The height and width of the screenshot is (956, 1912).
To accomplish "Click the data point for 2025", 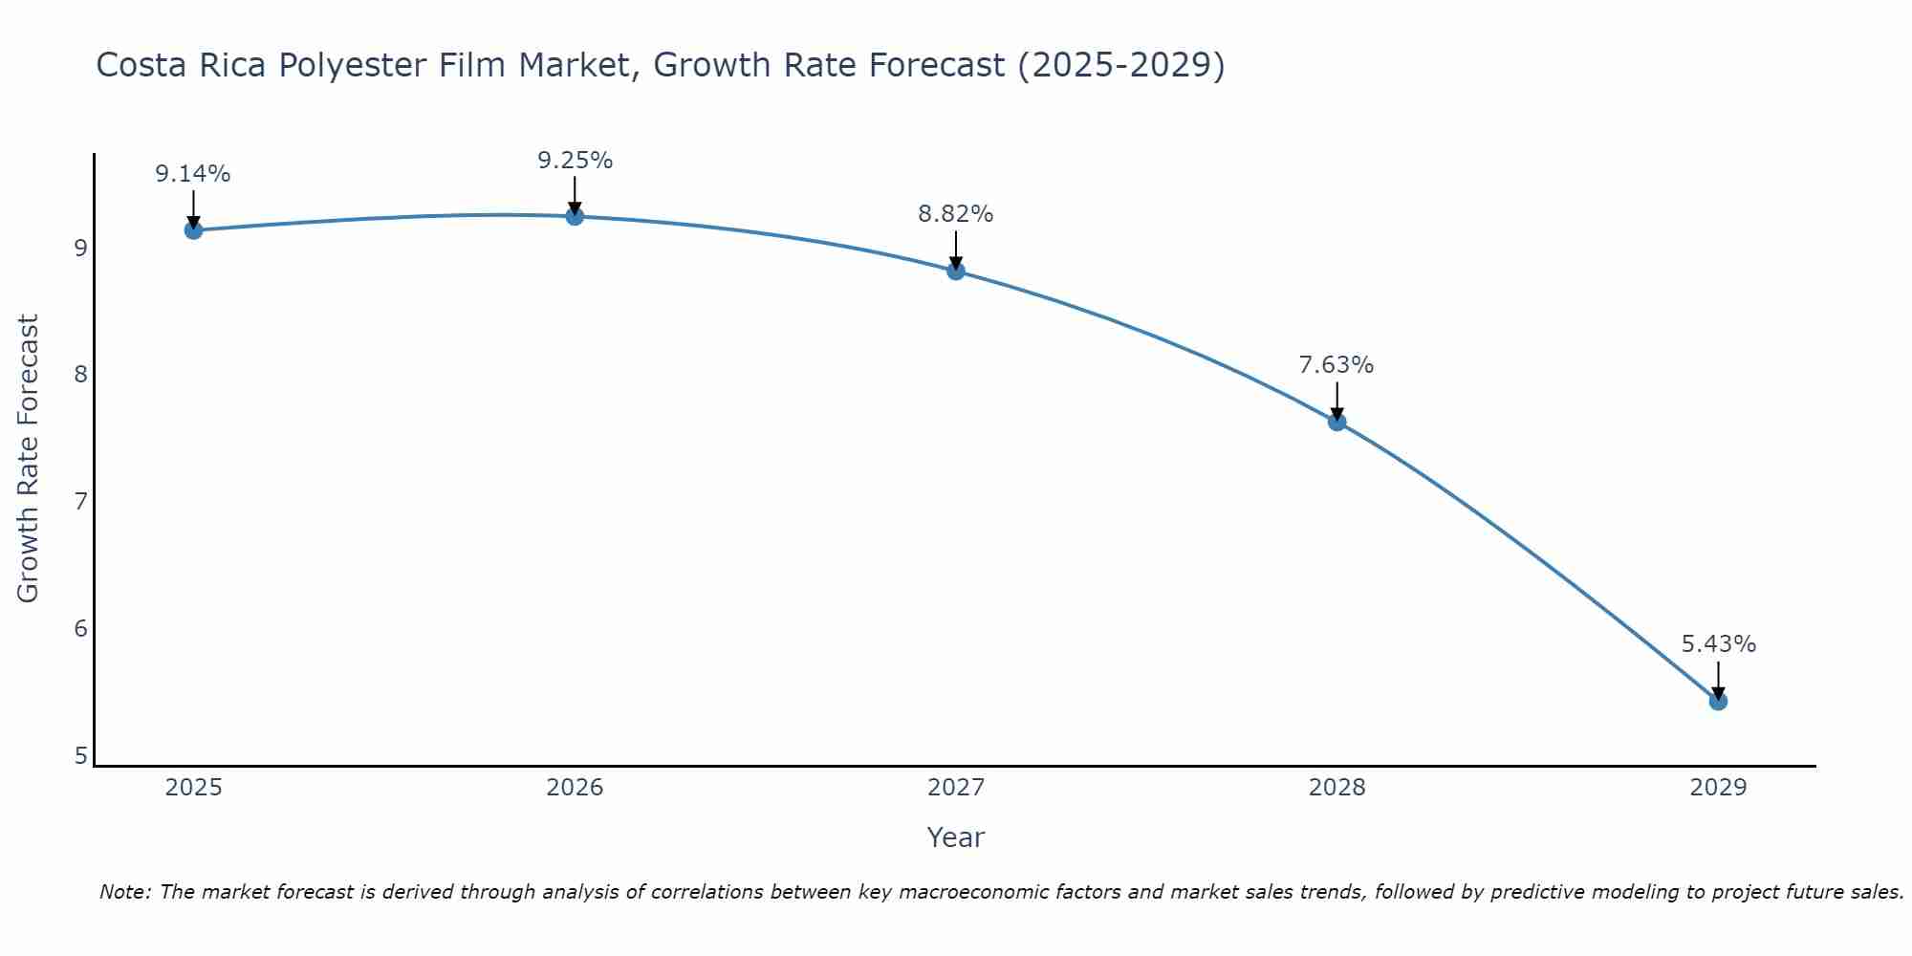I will click(193, 229).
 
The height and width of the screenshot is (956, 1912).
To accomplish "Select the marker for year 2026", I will click(575, 216).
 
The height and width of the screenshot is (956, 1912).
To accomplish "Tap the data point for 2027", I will click(956, 271).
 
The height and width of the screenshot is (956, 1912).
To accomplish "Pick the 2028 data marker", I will click(1336, 422).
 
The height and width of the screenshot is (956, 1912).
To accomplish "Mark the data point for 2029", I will click(1718, 701).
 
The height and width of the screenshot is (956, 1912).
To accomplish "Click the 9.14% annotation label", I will click(193, 174).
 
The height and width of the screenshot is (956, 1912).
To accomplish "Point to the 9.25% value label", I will click(575, 161).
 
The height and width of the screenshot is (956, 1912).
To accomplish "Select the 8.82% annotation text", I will click(956, 214).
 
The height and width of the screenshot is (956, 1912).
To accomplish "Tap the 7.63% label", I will click(1336, 365).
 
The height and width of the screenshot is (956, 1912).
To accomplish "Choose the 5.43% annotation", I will click(1718, 644).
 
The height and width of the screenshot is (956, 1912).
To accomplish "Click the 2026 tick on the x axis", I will click(575, 788).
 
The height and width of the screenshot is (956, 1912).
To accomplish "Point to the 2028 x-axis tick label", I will click(1336, 788).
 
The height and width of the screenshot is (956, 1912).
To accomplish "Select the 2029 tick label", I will click(1718, 788).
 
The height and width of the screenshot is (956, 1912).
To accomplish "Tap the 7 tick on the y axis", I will click(80, 501).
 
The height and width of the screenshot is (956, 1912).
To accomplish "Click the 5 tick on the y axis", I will click(80, 756).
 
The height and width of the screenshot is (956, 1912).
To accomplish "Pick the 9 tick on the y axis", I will click(80, 248).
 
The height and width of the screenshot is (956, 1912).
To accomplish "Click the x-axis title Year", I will click(955, 837).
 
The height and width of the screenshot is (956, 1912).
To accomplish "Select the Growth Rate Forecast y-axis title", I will click(29, 459).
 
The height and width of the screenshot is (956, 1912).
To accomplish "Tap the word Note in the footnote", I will click(124, 892).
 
